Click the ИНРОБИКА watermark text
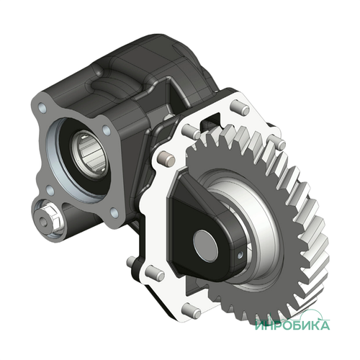point(292,325)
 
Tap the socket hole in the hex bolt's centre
point(44,221)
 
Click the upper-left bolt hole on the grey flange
point(42,107)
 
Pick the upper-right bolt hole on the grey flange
point(107,130)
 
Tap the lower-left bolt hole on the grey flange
point(50,190)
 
